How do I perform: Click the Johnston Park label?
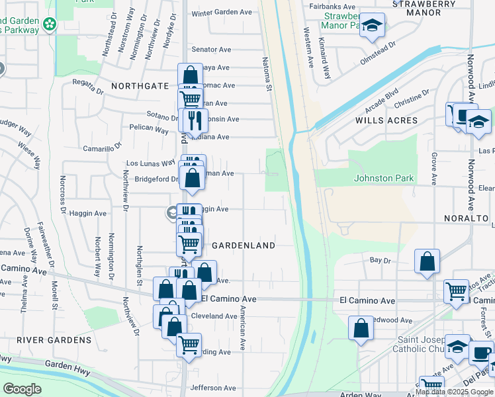384,178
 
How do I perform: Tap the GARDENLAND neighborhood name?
243,245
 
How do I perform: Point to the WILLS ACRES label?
386,120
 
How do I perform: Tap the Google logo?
22,388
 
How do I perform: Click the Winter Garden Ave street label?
222,13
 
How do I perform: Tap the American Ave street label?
243,328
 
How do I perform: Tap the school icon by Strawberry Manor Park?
373,26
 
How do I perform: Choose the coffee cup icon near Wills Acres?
458,114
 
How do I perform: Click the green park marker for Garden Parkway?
49,24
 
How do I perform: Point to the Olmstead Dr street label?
377,52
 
